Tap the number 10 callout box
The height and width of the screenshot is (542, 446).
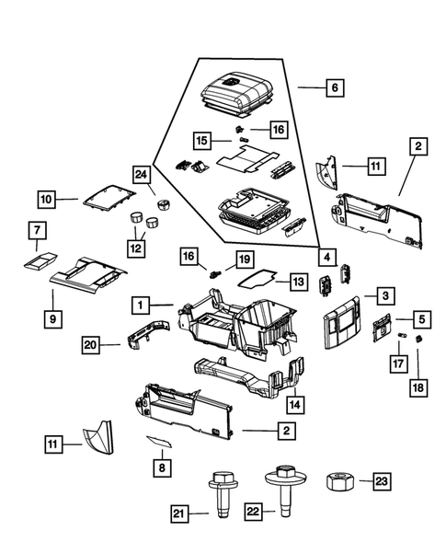coord(47,198)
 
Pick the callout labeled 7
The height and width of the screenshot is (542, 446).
coord(37,229)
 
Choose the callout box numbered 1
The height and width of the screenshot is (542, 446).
coord(142,304)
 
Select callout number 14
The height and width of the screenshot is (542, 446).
coord(295,404)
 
